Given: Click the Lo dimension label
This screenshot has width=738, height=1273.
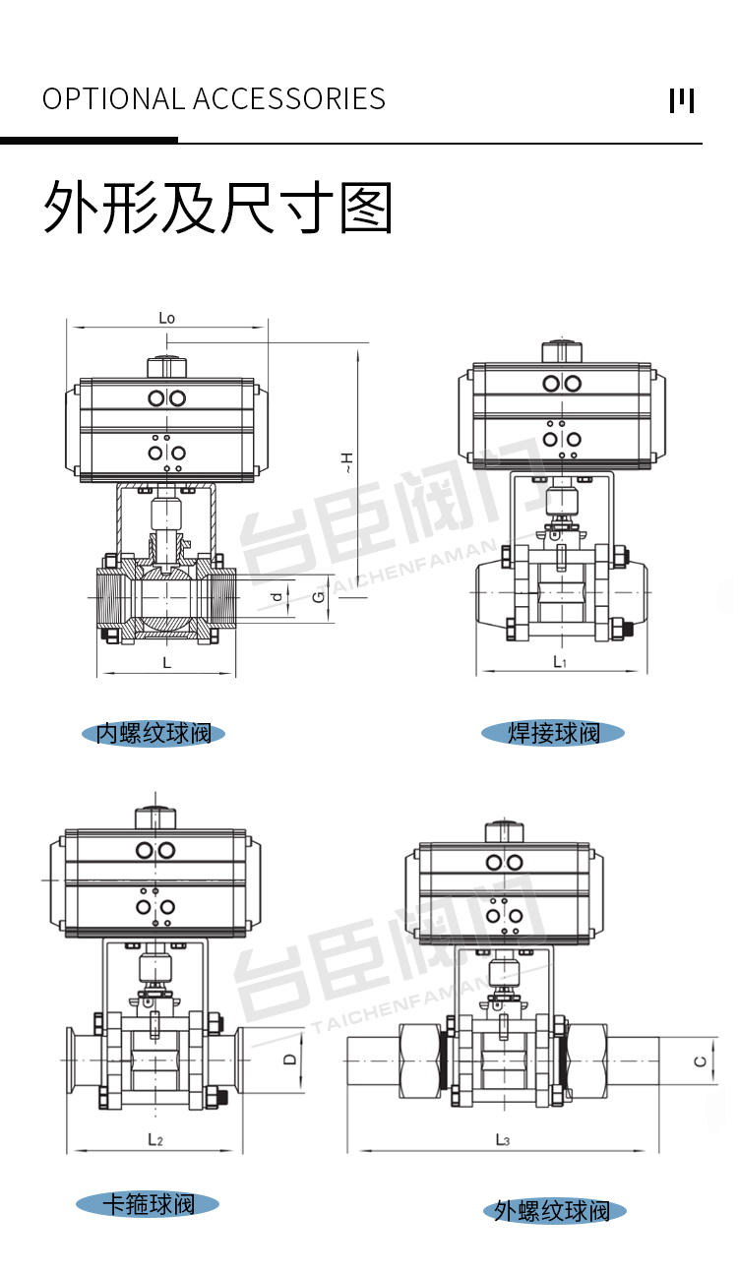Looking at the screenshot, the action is (x=166, y=318).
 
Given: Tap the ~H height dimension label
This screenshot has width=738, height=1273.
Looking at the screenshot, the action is (x=346, y=462).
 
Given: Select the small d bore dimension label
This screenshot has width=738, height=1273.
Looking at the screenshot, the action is (x=277, y=597).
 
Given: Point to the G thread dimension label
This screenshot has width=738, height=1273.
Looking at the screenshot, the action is (x=319, y=597).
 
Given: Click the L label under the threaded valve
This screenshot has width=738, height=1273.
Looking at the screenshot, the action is (x=166, y=663).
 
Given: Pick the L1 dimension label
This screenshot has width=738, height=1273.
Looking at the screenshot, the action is (x=560, y=661).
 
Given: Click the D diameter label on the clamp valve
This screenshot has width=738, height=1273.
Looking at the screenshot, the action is (x=290, y=1060).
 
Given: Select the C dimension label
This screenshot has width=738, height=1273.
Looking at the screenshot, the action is (x=701, y=1061).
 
